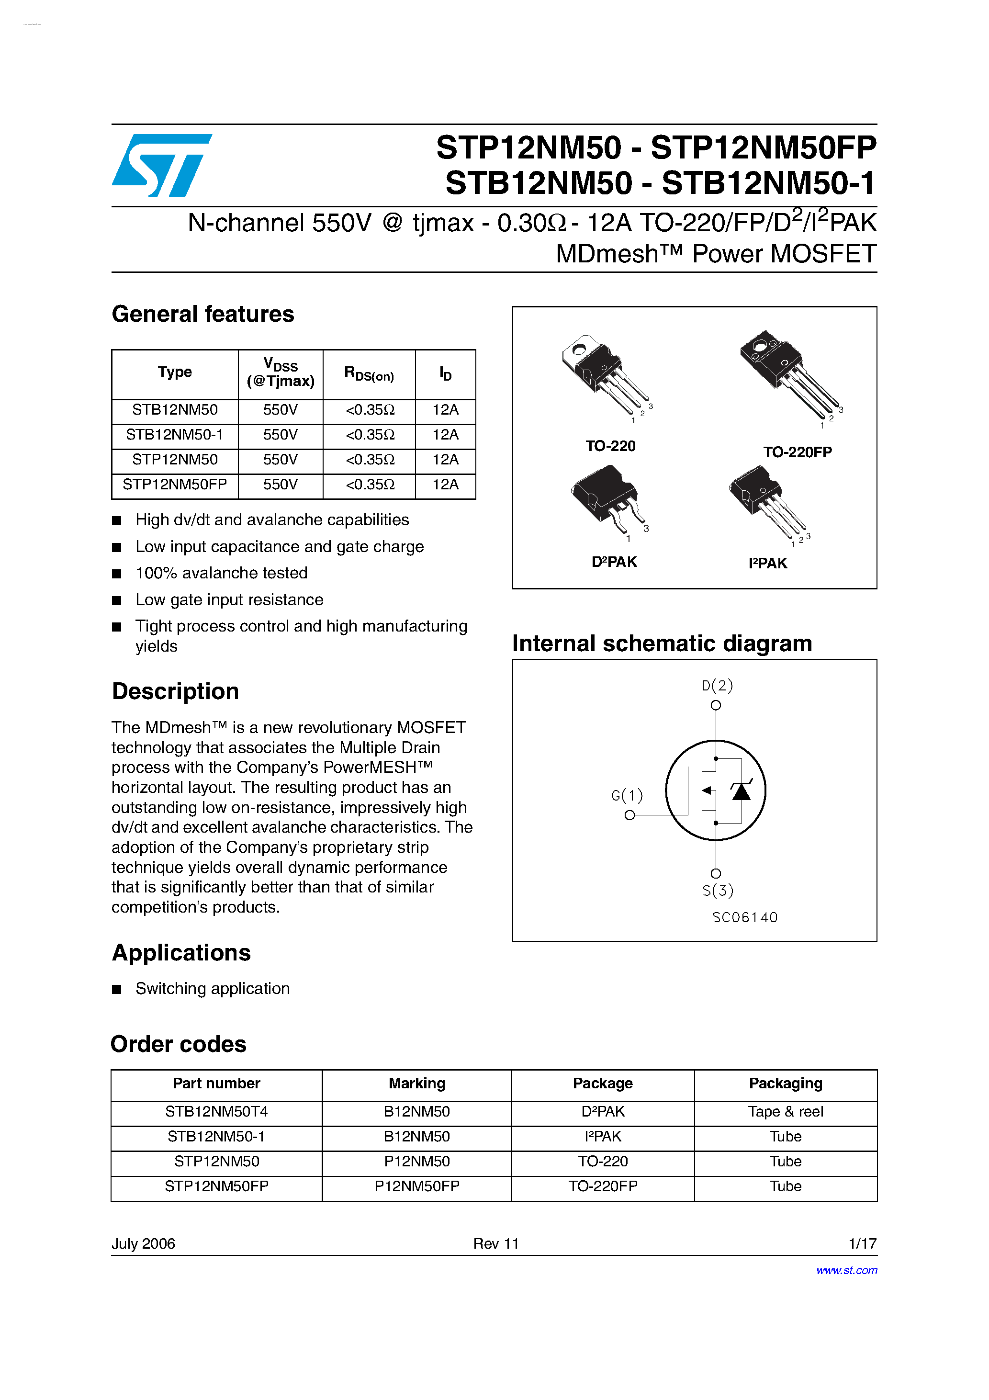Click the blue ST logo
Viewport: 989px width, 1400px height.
click(x=162, y=165)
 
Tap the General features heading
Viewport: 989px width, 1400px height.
click(x=202, y=314)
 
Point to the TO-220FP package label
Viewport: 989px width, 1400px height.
click(x=797, y=452)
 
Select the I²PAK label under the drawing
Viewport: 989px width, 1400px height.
click(x=768, y=563)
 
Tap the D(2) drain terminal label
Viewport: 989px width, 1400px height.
click(x=717, y=685)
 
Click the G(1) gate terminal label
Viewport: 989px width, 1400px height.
click(x=627, y=795)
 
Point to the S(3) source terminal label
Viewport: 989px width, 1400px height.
click(x=718, y=891)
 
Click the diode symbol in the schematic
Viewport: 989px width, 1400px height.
click(x=741, y=791)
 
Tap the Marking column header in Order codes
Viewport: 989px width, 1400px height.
click(x=416, y=1084)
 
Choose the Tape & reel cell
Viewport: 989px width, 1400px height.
click(x=786, y=1112)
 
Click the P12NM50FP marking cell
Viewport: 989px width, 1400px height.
click(x=416, y=1186)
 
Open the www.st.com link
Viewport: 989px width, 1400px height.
click(x=846, y=1270)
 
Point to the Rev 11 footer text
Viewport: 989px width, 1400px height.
click(x=496, y=1243)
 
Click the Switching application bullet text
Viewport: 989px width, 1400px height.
click(x=212, y=988)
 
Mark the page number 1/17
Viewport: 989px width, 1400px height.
click(x=862, y=1243)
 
